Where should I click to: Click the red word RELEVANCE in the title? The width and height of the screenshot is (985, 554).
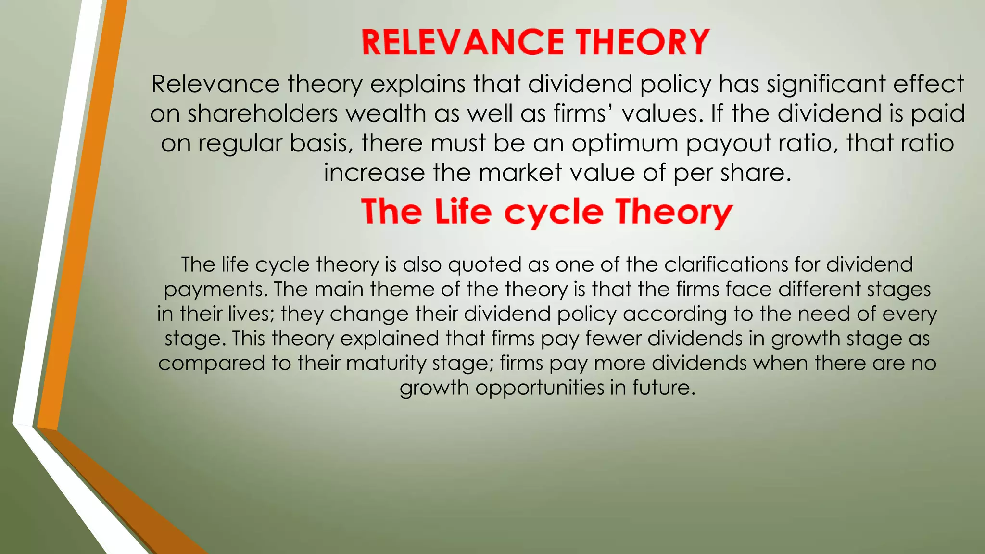(x=463, y=42)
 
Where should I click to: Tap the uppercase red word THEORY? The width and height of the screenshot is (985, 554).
(x=643, y=42)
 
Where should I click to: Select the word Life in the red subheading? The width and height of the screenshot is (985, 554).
(x=463, y=212)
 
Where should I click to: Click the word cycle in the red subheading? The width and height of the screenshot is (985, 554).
(x=554, y=213)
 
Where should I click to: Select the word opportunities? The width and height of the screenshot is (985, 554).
(x=539, y=388)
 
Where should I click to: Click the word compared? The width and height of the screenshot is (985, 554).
(x=211, y=363)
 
